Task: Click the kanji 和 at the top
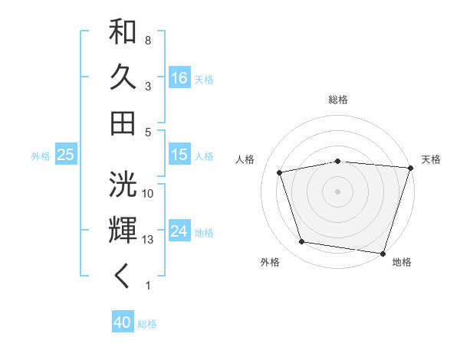click(123, 32)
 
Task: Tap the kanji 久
click(123, 77)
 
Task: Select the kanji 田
click(123, 123)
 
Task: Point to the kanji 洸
click(123, 184)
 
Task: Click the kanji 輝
click(123, 229)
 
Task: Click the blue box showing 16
click(179, 78)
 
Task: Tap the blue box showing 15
click(179, 155)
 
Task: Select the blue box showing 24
click(179, 231)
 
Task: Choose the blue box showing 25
click(65, 155)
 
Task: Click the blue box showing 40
click(123, 322)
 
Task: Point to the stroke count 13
click(149, 240)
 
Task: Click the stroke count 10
click(149, 194)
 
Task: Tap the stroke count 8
click(147, 40)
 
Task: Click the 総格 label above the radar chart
click(338, 100)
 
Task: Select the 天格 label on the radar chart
click(431, 159)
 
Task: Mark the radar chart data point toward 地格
click(383, 253)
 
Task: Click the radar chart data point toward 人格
click(280, 172)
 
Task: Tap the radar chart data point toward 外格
click(302, 242)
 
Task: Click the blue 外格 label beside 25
click(41, 155)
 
